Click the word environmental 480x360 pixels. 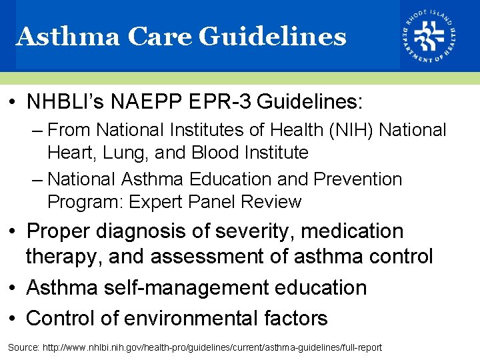[x=189, y=318]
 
